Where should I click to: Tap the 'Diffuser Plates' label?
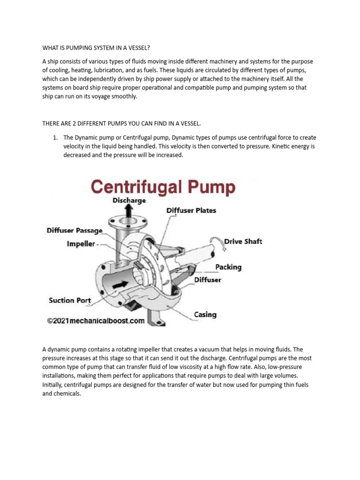(191, 210)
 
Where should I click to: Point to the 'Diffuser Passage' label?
(74, 231)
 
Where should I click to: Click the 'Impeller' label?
(81, 244)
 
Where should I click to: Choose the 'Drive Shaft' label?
(243, 241)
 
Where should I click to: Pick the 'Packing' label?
(228, 267)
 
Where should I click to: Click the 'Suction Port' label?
(70, 300)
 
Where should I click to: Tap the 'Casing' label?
(205, 314)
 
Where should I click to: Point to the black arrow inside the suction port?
(107, 285)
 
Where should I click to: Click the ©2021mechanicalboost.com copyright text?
(95, 321)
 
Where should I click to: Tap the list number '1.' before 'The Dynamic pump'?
(54, 137)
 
